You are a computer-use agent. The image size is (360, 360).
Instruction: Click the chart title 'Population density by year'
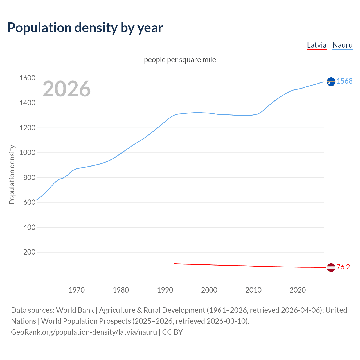(x=85, y=28)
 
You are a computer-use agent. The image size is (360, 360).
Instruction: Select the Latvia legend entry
(x=316, y=45)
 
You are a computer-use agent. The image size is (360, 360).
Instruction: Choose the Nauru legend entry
(x=342, y=45)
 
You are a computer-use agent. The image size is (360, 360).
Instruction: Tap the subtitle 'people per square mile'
(x=180, y=60)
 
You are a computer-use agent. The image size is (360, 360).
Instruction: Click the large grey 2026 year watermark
(x=67, y=89)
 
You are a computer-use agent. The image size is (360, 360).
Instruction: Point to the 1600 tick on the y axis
(x=27, y=78)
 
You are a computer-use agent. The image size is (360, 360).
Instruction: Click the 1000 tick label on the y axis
(x=27, y=153)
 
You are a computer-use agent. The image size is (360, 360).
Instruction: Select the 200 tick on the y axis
(x=29, y=252)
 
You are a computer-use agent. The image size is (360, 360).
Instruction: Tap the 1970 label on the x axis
(x=76, y=290)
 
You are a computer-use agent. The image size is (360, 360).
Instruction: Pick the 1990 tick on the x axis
(x=165, y=290)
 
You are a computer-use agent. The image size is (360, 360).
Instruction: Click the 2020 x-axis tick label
(x=298, y=290)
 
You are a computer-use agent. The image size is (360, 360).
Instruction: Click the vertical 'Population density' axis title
(x=12, y=174)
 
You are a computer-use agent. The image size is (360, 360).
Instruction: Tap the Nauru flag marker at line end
(x=331, y=82)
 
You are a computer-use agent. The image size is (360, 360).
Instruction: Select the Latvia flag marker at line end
(x=331, y=267)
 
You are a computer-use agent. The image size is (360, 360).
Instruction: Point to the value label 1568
(x=345, y=81)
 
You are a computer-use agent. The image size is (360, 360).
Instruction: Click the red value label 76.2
(x=343, y=267)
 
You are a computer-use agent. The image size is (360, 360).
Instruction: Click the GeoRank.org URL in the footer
(x=84, y=332)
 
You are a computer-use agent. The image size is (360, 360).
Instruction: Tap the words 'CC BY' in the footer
(x=172, y=332)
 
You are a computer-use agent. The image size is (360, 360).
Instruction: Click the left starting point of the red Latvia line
(x=174, y=264)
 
